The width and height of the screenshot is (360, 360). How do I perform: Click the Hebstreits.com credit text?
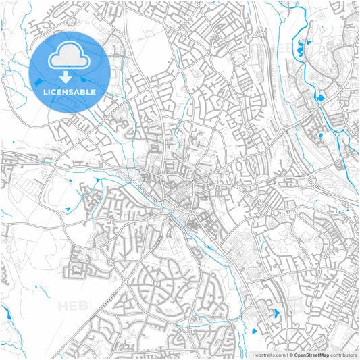[267, 355]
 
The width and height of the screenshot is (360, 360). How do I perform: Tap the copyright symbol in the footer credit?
[291, 355]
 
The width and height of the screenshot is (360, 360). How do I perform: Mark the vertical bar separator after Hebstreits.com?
[286, 355]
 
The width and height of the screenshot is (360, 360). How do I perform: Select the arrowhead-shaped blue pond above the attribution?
[274, 313]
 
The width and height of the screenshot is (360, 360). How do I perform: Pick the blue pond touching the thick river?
[320, 97]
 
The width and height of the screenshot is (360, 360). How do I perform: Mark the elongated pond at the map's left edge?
[7, 313]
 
